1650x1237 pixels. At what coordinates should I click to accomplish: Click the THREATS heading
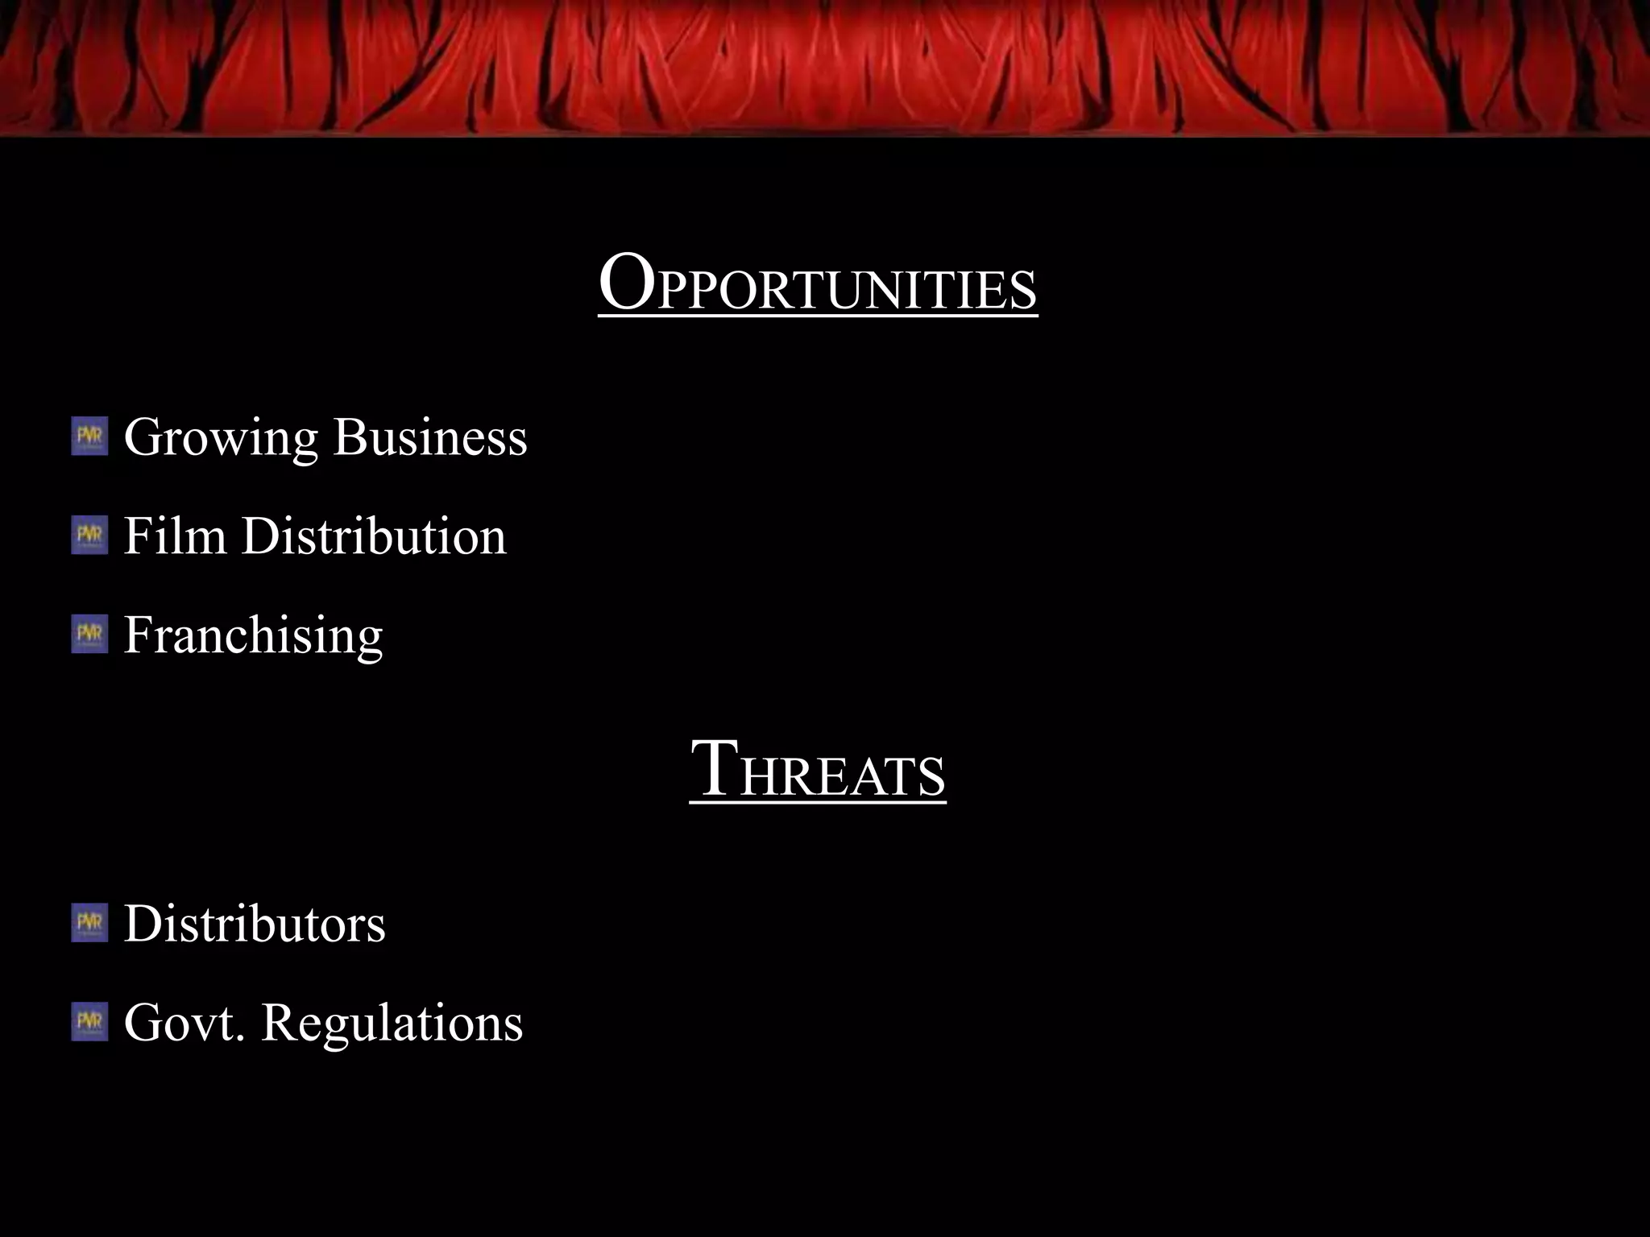point(817,772)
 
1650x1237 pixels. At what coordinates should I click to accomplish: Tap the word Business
point(430,437)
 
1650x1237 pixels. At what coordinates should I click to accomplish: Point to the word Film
point(175,536)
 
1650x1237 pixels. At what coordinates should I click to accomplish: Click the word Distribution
point(374,536)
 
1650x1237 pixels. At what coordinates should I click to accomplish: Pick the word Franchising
point(253,636)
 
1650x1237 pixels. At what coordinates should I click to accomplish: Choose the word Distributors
point(255,924)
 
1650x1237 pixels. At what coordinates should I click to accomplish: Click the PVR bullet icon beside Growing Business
point(89,436)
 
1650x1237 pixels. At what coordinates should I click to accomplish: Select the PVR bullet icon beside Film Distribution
point(89,536)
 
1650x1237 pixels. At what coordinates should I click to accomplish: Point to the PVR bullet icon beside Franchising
point(89,635)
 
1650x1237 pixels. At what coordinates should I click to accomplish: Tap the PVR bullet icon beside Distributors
point(89,923)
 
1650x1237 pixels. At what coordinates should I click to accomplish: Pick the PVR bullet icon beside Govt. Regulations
point(89,1022)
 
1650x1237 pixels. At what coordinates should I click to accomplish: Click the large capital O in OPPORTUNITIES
point(626,282)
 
